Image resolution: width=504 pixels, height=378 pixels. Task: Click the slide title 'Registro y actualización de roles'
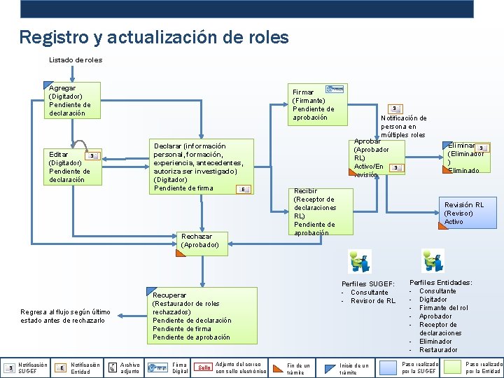tap(154, 37)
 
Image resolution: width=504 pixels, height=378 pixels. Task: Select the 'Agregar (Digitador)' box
tap(72, 100)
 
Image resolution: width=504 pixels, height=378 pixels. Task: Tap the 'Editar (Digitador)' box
tap(72, 167)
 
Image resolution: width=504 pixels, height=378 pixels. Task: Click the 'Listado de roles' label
tap(76, 60)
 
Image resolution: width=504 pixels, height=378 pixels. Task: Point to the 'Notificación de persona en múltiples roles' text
tap(403, 126)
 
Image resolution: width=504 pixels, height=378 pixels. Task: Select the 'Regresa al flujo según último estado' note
tap(66, 316)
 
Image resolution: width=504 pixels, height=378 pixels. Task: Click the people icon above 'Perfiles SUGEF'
tap(360, 262)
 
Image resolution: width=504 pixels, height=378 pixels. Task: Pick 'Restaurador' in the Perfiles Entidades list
tap(438, 350)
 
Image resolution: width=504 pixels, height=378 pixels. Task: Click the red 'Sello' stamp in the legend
tap(204, 367)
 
